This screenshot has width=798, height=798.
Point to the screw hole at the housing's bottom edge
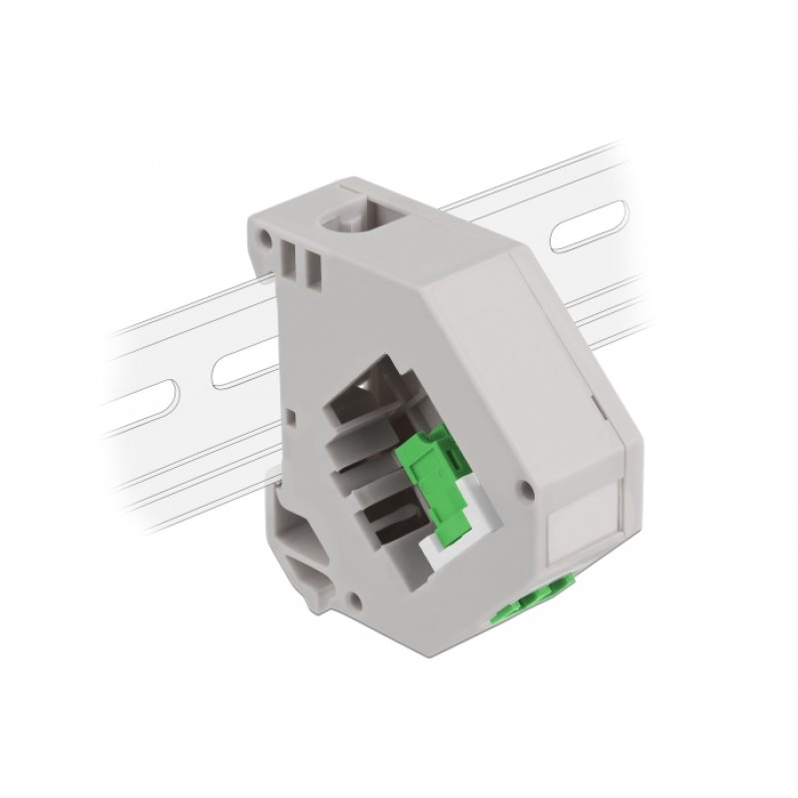coord(355,601)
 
